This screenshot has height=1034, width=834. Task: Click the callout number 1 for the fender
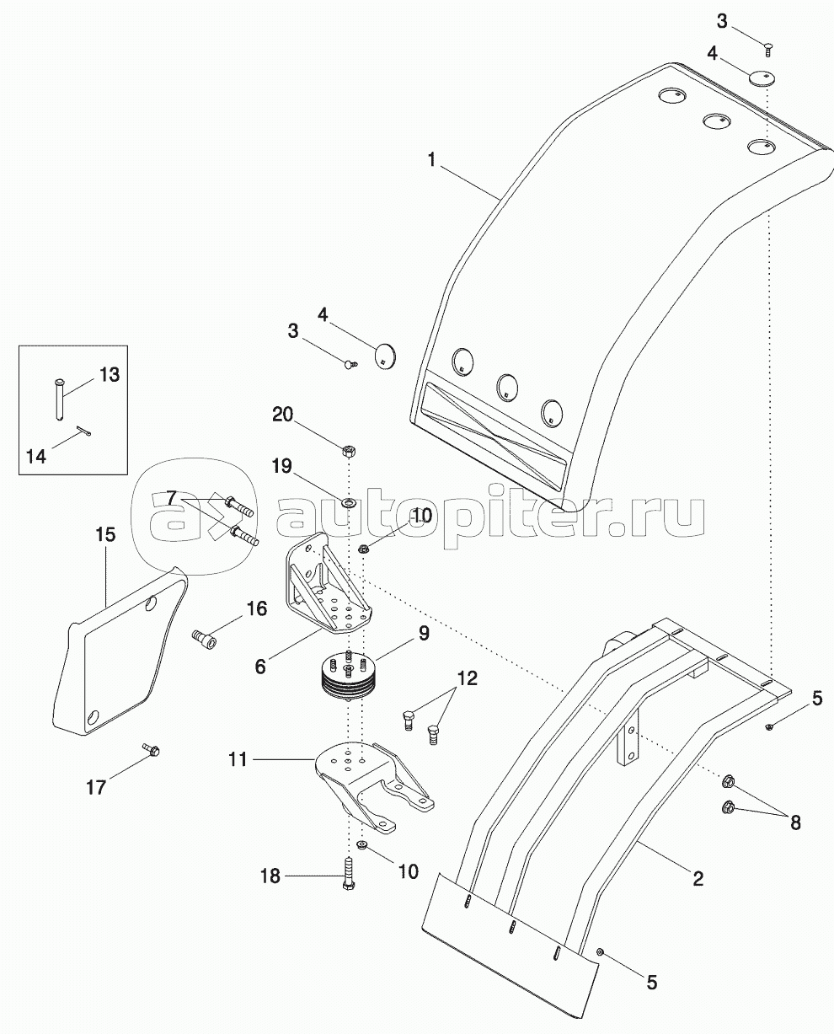[x=431, y=160]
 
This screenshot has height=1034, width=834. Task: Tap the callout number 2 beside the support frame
[x=698, y=879]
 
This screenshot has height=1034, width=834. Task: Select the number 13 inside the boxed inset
[x=110, y=375]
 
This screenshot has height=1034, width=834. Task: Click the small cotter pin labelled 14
[x=84, y=432]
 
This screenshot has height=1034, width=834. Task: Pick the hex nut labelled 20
[x=350, y=451]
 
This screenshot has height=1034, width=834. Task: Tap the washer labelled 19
[x=347, y=503]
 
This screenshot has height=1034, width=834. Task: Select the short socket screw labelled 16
[x=204, y=639]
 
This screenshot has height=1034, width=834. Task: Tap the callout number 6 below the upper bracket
[x=260, y=667]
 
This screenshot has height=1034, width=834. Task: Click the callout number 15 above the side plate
[x=106, y=535]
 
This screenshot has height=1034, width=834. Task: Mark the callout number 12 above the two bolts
[x=468, y=678]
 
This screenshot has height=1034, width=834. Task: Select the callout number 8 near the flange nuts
[x=796, y=822]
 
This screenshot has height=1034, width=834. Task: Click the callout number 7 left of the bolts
[x=172, y=498]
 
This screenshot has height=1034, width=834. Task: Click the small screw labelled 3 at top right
[x=767, y=50]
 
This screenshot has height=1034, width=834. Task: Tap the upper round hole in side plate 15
[x=152, y=604]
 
